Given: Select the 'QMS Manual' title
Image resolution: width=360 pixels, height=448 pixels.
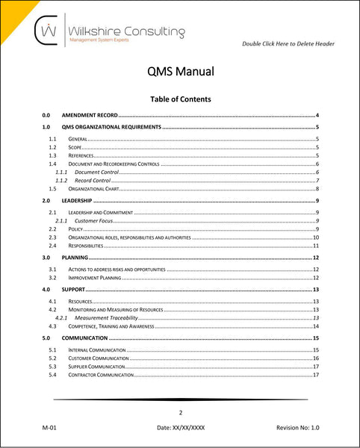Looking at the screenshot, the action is click(x=180, y=72).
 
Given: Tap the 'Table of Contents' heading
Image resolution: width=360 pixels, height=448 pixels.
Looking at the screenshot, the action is click(x=180, y=99).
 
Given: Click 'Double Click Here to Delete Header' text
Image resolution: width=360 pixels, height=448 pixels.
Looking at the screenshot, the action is click(x=288, y=44).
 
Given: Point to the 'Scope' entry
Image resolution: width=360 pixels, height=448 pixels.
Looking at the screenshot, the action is click(x=75, y=148).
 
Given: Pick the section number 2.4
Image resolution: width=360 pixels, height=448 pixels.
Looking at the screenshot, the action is click(x=52, y=245).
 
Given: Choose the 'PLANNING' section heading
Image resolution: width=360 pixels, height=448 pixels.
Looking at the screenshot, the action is click(x=75, y=257).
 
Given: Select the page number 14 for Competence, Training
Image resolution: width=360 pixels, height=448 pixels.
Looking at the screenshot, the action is click(x=316, y=326).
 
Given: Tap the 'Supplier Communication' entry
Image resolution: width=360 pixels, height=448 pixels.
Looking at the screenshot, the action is click(x=100, y=367).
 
